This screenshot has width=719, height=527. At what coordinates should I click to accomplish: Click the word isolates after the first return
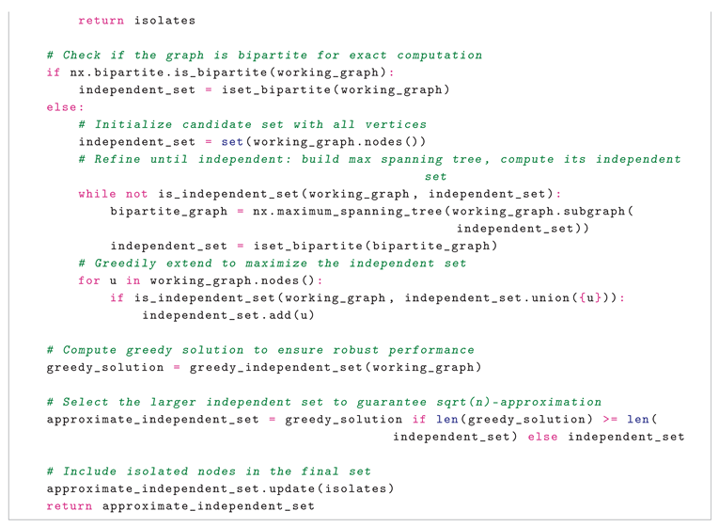[x=164, y=21]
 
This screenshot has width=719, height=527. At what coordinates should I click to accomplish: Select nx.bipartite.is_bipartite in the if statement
[x=168, y=72]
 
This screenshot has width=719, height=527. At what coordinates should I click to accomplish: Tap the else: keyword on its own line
[x=65, y=107]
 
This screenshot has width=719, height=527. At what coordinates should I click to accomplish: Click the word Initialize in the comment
[x=133, y=124]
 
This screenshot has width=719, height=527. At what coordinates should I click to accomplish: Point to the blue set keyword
[x=232, y=142]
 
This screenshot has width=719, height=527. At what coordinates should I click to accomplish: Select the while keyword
[x=97, y=194]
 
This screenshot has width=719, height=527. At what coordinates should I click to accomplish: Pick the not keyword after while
[x=136, y=194]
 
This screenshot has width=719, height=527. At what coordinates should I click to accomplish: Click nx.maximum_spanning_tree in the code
[x=347, y=211]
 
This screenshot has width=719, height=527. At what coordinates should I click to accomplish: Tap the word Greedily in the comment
[x=125, y=263]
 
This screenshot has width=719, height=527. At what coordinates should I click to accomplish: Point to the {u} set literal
[x=589, y=298]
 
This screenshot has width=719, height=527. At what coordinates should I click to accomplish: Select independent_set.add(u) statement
[x=227, y=315]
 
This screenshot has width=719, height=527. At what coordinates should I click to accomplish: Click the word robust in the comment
[x=356, y=350]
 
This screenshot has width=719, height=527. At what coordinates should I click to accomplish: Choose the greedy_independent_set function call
[x=276, y=367]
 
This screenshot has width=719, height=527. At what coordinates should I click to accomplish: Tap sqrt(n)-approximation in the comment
[x=519, y=402]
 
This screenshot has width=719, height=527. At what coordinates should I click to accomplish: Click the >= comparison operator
[x=610, y=420]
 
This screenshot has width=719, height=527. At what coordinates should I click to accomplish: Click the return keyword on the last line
[x=70, y=506]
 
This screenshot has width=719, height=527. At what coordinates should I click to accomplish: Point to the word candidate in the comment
[x=217, y=124]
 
